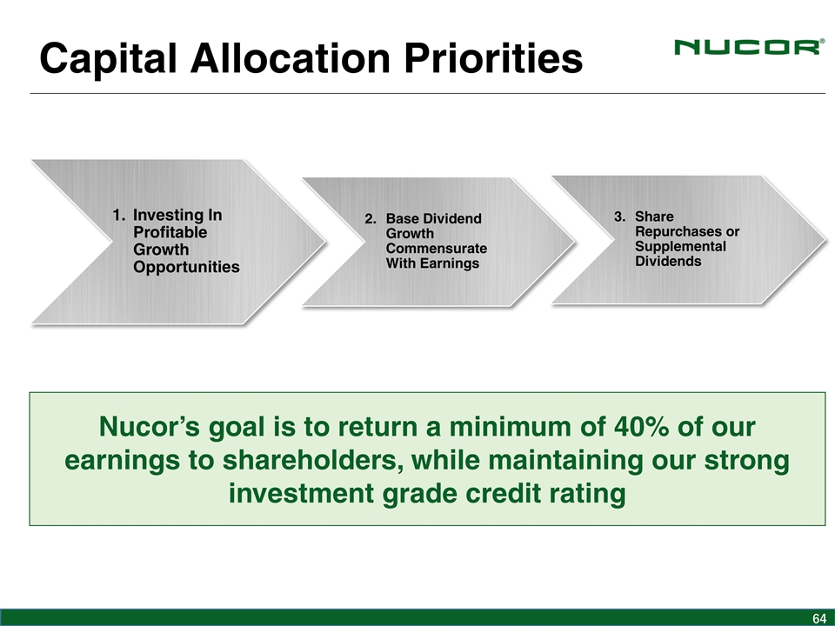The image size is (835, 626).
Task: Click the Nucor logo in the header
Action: tap(749, 47)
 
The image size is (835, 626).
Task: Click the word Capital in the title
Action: tap(108, 58)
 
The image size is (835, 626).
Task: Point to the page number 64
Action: tap(819, 618)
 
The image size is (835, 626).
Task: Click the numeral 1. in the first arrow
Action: tap(119, 215)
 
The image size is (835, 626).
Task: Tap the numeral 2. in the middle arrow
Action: tap(371, 219)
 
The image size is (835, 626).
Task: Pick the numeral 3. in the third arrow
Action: tap(620, 216)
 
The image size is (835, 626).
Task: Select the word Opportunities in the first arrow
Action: tap(186, 267)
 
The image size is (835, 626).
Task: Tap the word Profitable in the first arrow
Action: tap(170, 232)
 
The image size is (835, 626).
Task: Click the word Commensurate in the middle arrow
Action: tap(436, 249)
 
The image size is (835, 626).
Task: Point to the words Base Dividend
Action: tap(433, 219)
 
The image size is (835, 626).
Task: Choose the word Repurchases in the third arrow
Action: tap(679, 232)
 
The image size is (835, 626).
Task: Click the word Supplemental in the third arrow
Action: tap(680, 246)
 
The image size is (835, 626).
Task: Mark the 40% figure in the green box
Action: tap(641, 427)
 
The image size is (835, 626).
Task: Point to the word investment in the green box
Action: tap(302, 494)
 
